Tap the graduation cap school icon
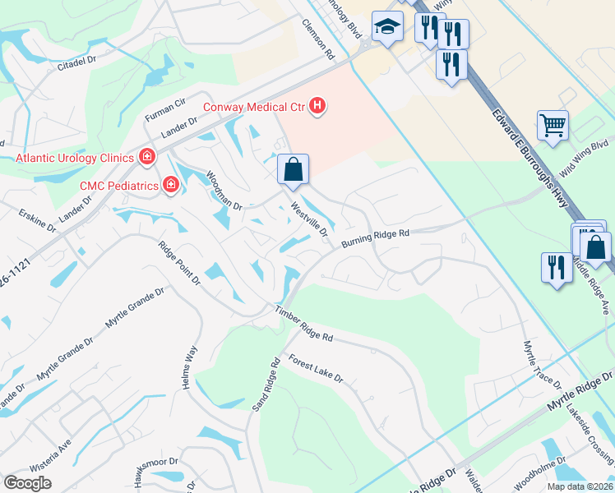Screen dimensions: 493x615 [x=386, y=27]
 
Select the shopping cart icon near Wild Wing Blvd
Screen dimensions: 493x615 [x=553, y=126]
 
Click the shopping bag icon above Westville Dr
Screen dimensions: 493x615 [x=293, y=169]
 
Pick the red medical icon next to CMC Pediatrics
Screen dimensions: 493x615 [x=171, y=185]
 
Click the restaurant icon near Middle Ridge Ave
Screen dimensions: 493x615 [x=557, y=267]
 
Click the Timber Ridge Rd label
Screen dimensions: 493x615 [x=304, y=325]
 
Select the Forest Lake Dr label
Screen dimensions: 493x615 [x=315, y=368]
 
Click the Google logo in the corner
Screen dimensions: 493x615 [x=28, y=483]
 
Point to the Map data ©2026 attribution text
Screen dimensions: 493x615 [x=579, y=486]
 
